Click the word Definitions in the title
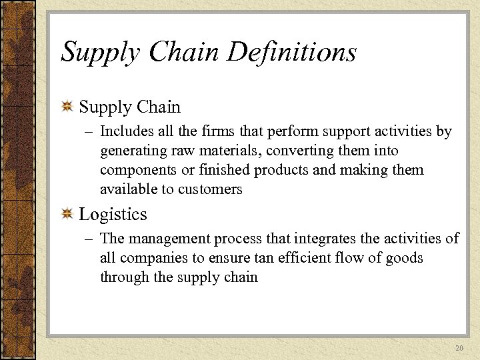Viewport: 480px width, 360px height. tap(291, 51)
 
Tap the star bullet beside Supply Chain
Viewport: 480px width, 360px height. tap(67, 107)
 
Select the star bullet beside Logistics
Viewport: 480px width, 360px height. tap(67, 214)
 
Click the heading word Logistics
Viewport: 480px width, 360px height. tap(113, 214)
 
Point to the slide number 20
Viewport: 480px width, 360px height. tap(459, 349)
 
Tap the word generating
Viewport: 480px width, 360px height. tap(134, 151)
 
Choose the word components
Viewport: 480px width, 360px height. tap(138, 170)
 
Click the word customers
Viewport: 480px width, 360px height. tap(211, 189)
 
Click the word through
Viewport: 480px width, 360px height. tap(125, 277)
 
